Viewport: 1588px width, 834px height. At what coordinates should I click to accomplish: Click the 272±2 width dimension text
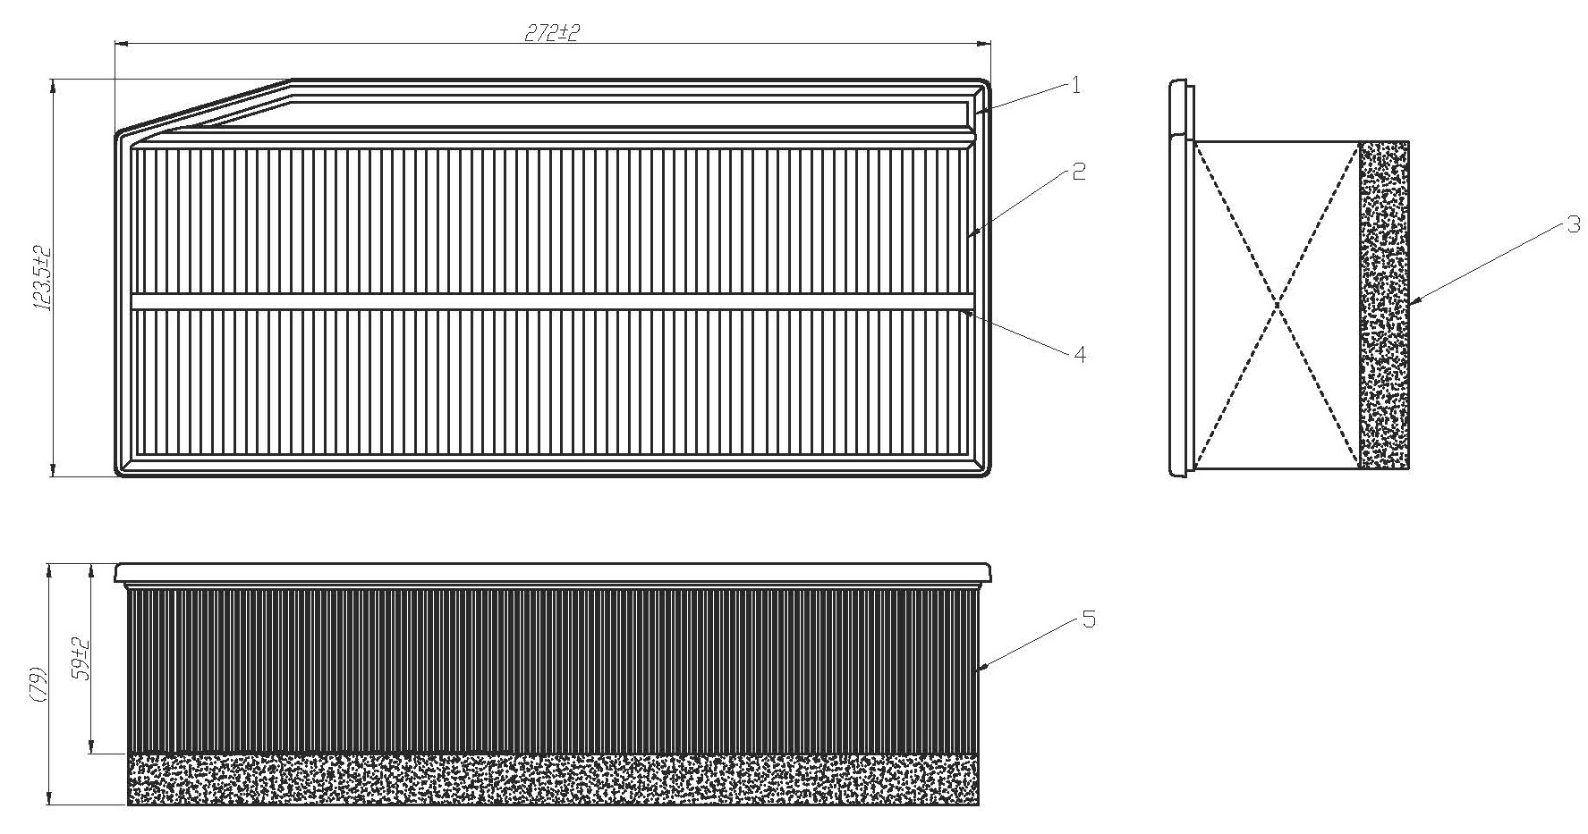pos(552,33)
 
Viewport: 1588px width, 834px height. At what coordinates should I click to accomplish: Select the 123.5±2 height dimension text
pos(42,278)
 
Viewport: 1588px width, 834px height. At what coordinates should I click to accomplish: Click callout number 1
pos(1075,85)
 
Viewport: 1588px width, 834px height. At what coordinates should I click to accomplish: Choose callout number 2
pos(1079,173)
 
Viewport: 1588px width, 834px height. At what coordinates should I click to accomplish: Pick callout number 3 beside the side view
pos(1573,226)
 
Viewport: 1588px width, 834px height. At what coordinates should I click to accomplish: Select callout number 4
pos(1079,355)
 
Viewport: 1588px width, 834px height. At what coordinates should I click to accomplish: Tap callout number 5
pos(1088,619)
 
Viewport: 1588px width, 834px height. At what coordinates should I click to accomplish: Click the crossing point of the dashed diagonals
pos(1278,305)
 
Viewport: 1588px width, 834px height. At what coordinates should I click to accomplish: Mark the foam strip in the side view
pos(1384,304)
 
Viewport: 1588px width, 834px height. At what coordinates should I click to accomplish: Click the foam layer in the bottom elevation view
pos(553,779)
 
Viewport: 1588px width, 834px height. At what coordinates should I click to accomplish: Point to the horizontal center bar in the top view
pos(552,301)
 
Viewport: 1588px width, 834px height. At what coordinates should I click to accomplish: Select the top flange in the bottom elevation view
pos(553,573)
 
